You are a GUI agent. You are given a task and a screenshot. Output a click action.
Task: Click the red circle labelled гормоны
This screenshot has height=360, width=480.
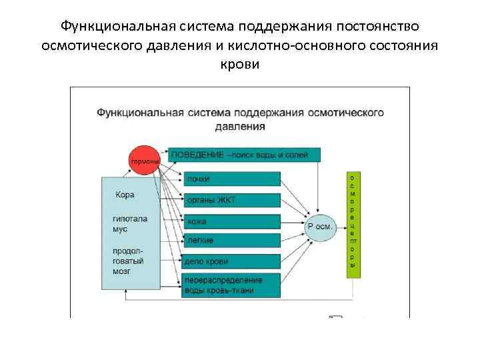point(144,161)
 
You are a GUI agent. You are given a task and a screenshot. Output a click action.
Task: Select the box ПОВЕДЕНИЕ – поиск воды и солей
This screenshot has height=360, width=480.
point(244,155)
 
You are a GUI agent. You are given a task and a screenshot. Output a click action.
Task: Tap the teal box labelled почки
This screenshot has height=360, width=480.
point(231,179)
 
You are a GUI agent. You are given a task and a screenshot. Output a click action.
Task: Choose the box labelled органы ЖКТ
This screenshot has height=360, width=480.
point(231,200)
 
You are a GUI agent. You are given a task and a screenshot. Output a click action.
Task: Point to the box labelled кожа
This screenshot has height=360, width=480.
point(231,221)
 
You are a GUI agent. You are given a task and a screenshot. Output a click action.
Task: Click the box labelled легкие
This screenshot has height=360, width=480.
point(231,240)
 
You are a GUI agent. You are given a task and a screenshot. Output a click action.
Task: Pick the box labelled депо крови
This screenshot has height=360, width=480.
point(231,261)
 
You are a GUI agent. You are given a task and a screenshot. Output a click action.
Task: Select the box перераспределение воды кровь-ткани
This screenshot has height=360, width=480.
point(231,285)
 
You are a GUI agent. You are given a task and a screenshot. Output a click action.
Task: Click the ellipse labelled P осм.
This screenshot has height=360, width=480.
point(321,227)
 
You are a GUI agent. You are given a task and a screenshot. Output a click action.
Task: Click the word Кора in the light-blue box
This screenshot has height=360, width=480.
point(125,195)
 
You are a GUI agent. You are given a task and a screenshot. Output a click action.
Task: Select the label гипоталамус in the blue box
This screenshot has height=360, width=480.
point(129,223)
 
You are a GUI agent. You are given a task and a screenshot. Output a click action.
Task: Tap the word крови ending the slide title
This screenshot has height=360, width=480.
point(239,64)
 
